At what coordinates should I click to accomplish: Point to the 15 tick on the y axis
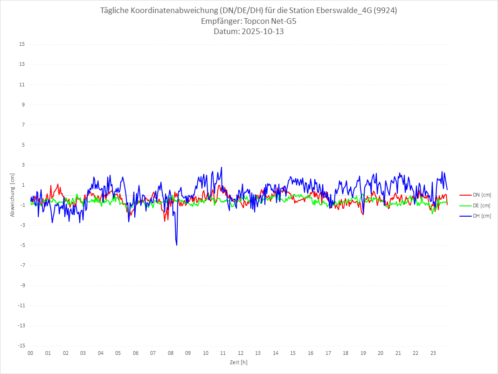[x=22, y=44]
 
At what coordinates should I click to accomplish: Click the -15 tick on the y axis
[x=21, y=346]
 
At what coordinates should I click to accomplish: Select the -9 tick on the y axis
[x=22, y=285]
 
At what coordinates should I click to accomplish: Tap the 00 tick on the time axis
[x=30, y=353]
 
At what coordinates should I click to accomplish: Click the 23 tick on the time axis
[x=433, y=353]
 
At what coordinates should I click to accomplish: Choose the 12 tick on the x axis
[x=241, y=353]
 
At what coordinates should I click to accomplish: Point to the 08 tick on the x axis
[x=171, y=353]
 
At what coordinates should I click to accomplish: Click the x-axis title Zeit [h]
[x=239, y=362]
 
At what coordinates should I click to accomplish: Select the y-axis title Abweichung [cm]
[x=13, y=195]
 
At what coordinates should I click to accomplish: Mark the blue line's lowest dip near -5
[x=177, y=245]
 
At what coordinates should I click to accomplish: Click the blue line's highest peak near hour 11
[x=221, y=167]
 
